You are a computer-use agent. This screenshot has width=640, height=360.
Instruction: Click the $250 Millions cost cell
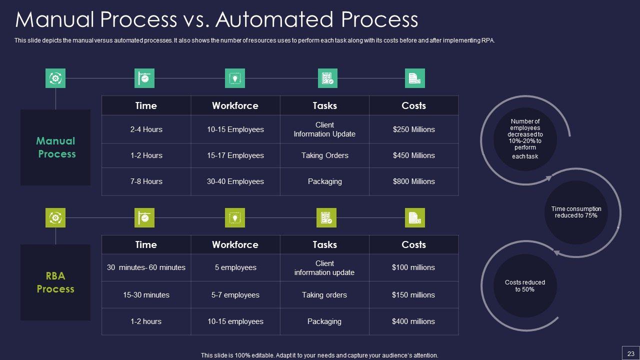pos(413,129)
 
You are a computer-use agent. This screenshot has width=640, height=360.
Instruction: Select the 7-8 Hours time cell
pos(146,181)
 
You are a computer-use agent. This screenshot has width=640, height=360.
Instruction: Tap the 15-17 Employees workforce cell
pos(235,155)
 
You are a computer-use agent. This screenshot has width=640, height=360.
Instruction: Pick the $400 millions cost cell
pos(413,321)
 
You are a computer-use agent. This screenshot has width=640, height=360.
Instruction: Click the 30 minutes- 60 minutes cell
pos(146,267)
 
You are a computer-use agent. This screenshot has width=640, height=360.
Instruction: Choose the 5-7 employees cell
pos(235,295)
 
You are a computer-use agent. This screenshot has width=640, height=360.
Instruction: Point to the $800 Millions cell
pos(413,181)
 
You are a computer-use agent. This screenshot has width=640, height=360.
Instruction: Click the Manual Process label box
pos(55,147)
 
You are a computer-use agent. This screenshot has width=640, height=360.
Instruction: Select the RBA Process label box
pos(55,282)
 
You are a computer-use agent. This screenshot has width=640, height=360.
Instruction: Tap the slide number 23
pos(630,352)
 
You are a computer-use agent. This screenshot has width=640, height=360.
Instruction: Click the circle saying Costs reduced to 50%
pos(525,286)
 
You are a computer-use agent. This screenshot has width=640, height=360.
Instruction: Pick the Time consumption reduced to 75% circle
pos(576,212)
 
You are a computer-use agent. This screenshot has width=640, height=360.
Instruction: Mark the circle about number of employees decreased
pos(525,139)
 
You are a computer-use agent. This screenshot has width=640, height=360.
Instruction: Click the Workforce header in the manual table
pos(235,105)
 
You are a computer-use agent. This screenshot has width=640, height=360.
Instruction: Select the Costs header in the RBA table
pos(413,244)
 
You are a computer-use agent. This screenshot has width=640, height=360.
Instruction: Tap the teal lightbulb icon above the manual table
pos(235,78)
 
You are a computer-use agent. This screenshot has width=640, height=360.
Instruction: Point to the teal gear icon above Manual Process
pos(55,78)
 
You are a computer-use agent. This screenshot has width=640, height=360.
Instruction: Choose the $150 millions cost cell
pos(413,295)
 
